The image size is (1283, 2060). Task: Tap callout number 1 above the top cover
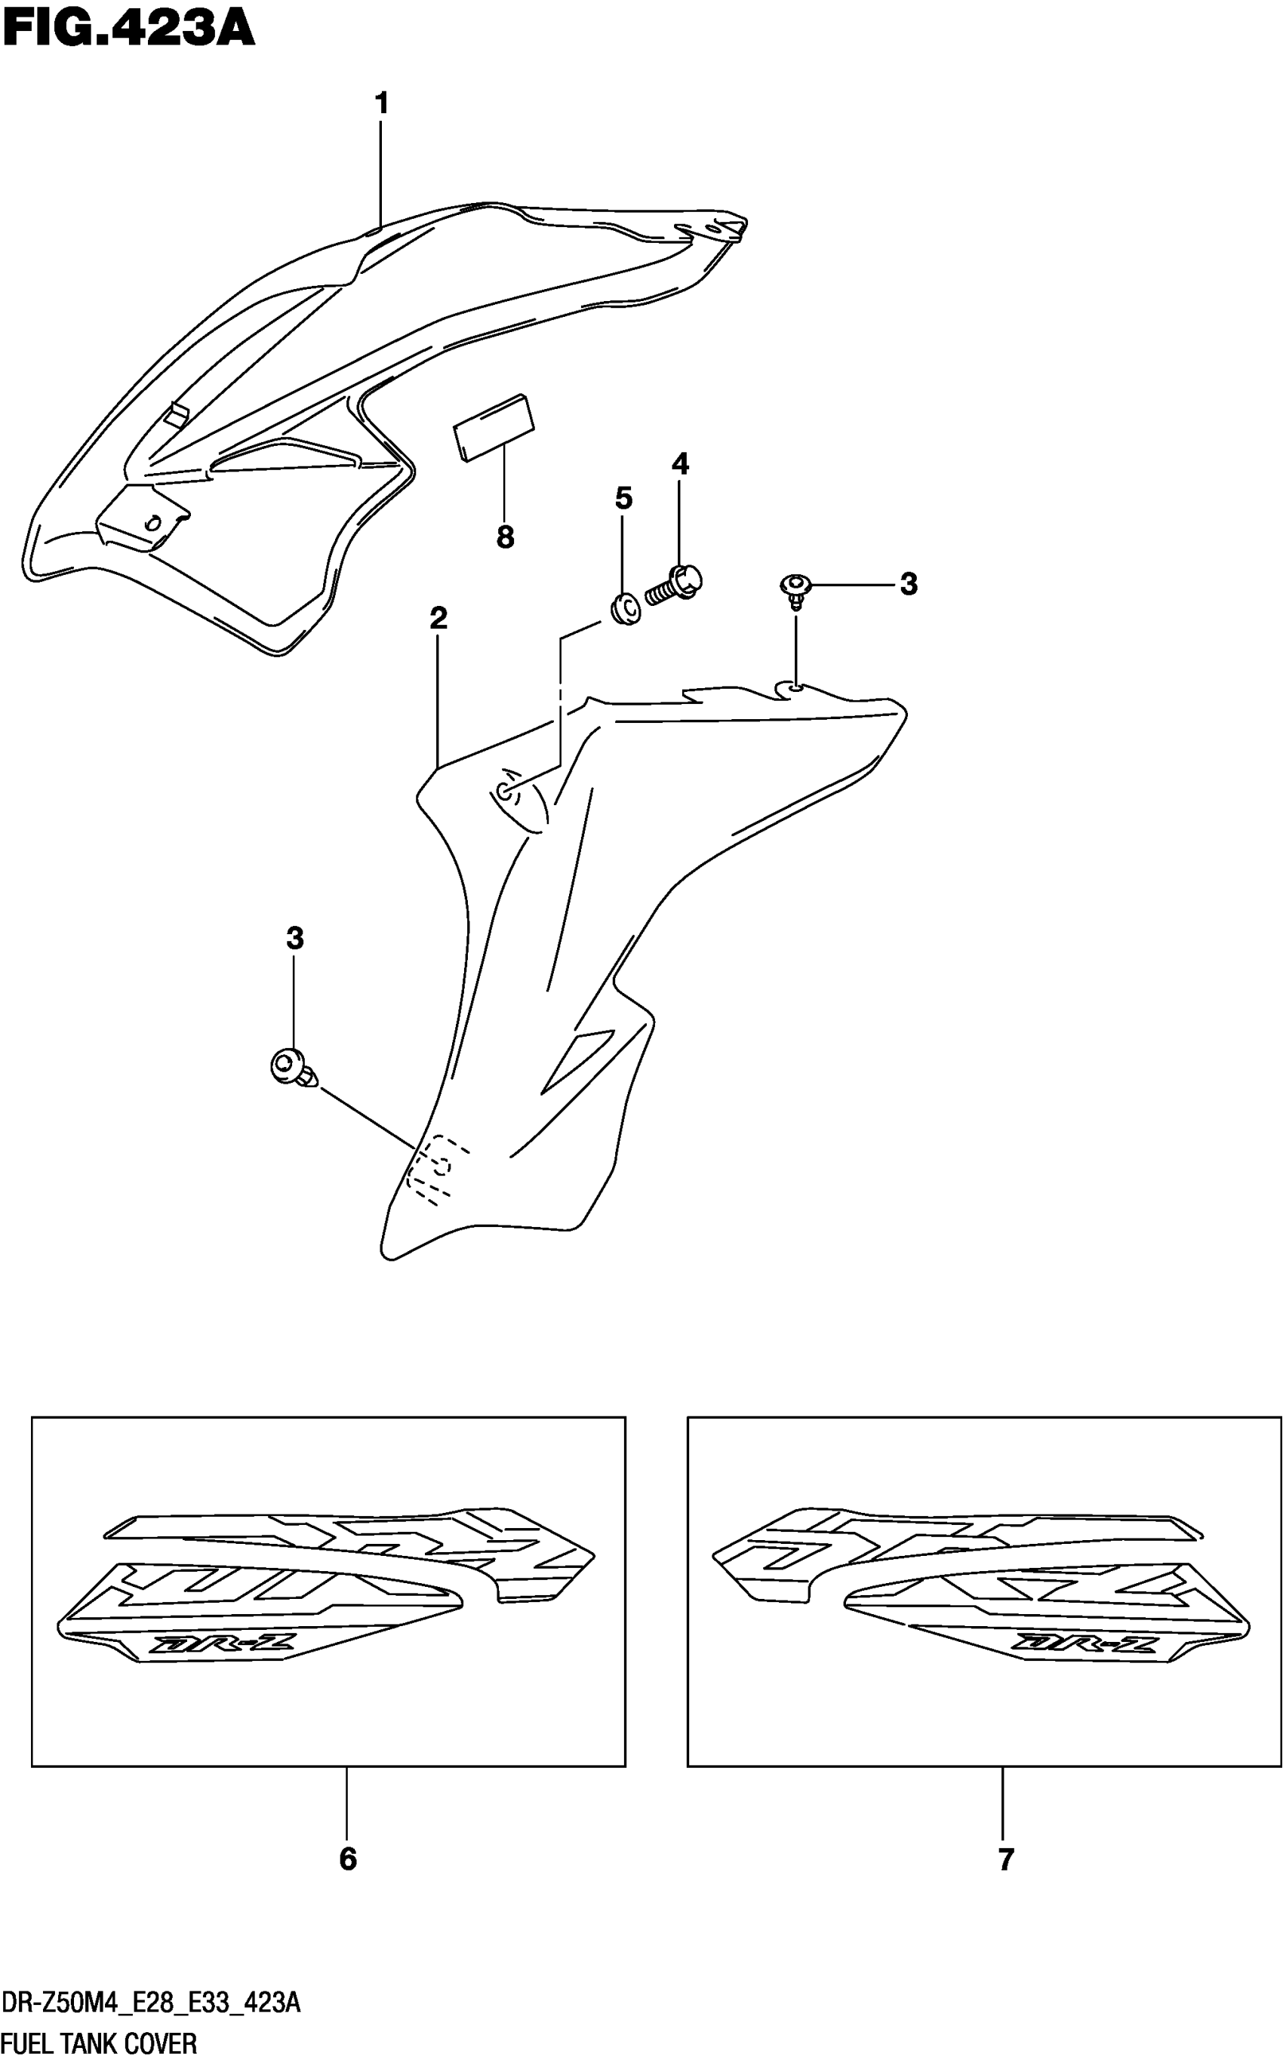[x=382, y=103]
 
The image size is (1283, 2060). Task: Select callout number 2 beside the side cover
[x=438, y=618]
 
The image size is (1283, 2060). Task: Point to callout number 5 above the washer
[x=623, y=498]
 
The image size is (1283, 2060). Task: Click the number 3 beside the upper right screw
[x=909, y=584]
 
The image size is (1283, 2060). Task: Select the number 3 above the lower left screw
[x=294, y=939]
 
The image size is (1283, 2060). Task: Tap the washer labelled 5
[x=626, y=609]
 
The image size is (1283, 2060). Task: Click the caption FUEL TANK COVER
[x=100, y=2043]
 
